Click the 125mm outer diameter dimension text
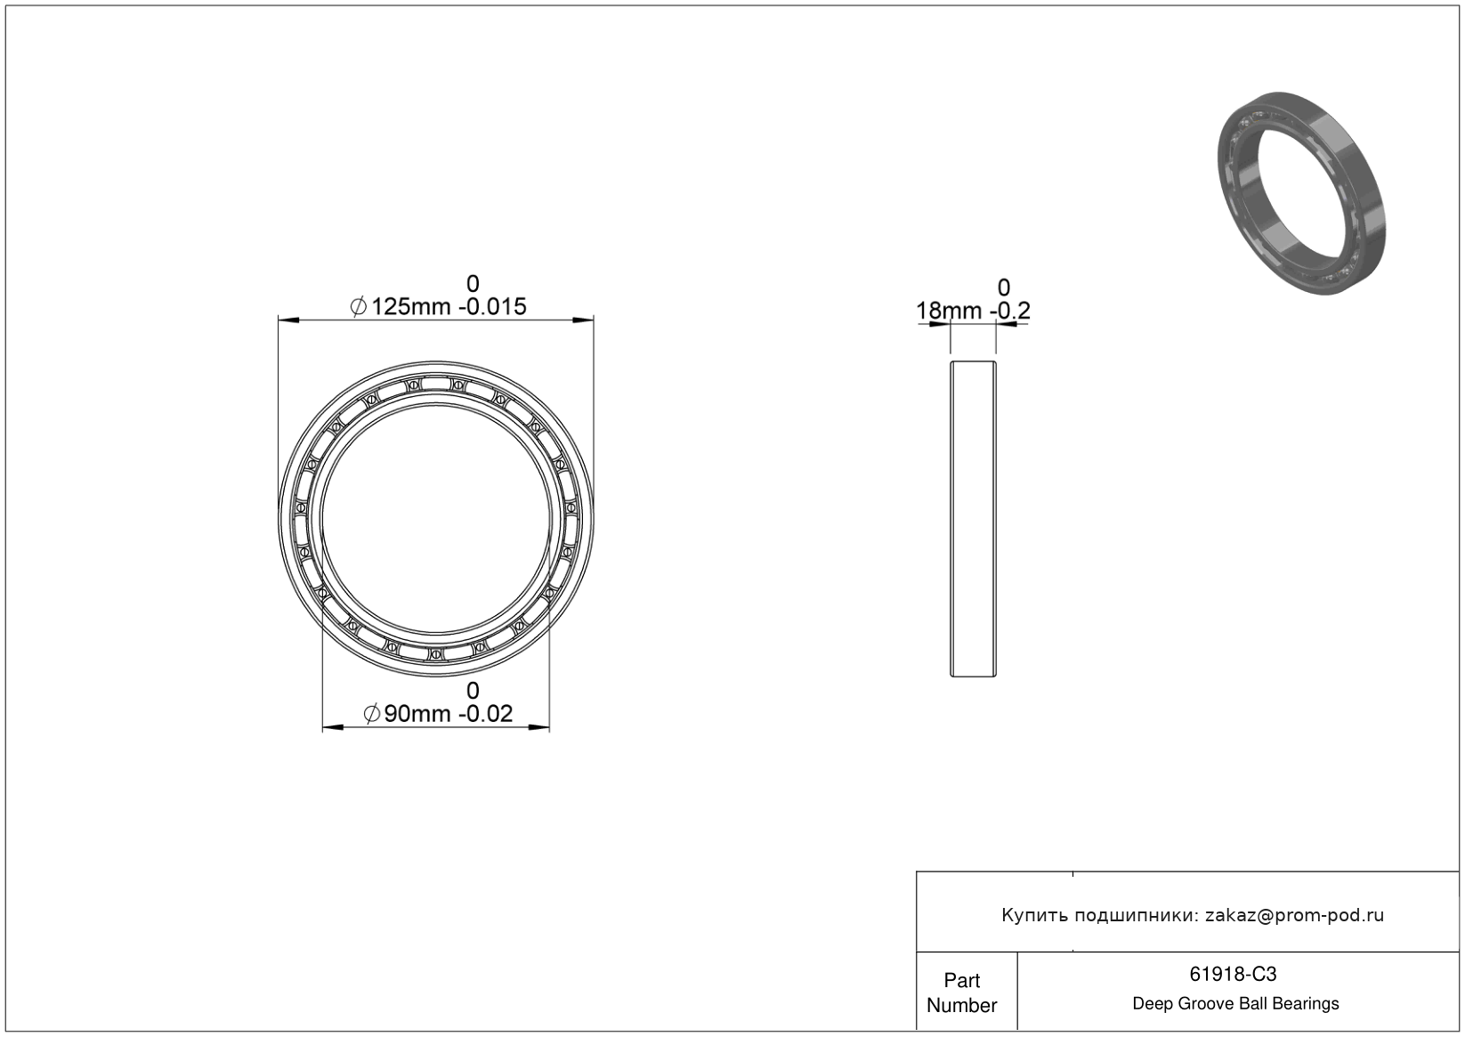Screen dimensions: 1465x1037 pos(411,307)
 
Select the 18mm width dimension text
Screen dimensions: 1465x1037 pos(949,311)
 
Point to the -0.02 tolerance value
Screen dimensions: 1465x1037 pos(485,714)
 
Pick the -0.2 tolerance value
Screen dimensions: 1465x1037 pos(1010,311)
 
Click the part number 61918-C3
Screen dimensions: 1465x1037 pos(1233,974)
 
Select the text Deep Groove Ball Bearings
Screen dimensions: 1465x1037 pos(1235,1004)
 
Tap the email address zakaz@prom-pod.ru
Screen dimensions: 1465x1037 pos(1294,915)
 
